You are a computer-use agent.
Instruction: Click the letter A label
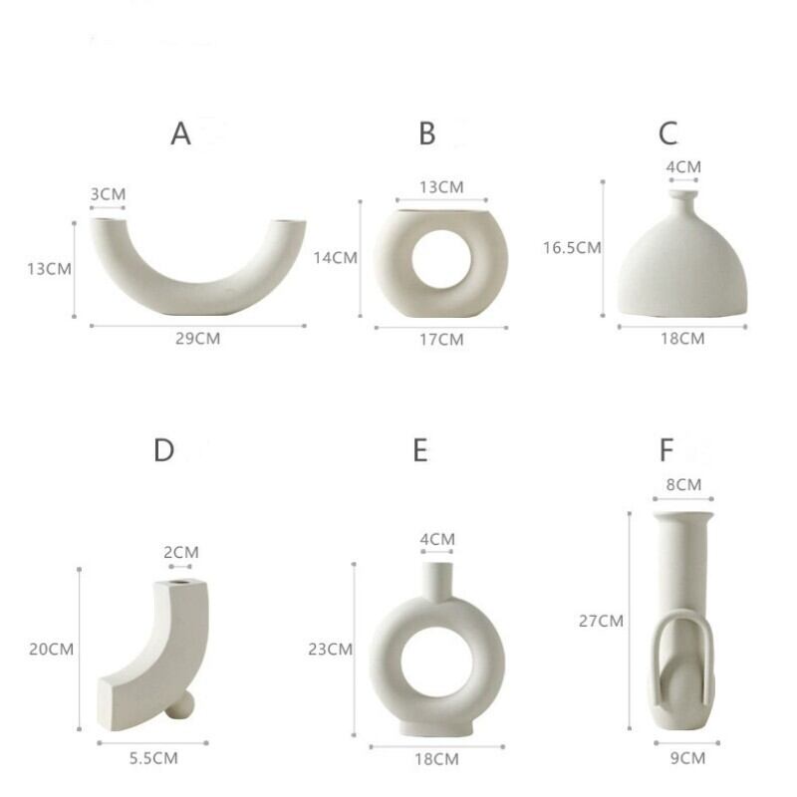(181, 133)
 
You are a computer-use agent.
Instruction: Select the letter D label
(163, 450)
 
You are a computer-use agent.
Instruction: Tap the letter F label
(665, 450)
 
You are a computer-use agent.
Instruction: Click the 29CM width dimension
(197, 339)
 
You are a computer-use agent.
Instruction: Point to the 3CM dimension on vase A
(108, 194)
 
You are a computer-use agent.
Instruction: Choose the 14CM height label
(335, 258)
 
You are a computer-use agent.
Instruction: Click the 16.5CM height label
(572, 247)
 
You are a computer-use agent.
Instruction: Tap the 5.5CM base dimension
(153, 758)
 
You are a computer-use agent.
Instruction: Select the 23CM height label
(330, 650)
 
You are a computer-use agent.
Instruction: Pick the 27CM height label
(601, 621)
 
